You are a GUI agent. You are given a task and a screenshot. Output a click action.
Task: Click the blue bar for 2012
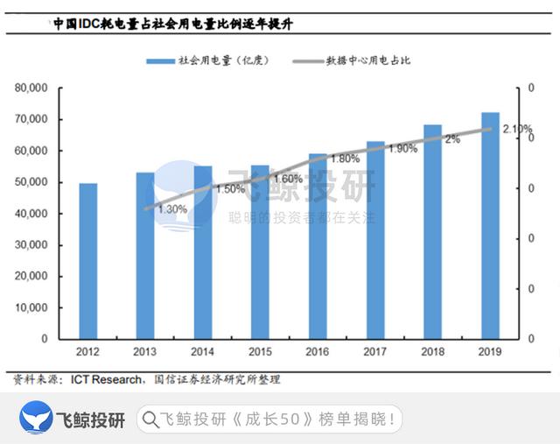[88, 261]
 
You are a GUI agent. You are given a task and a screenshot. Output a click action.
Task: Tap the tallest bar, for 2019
[491, 225]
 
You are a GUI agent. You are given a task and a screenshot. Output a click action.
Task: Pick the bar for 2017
[375, 240]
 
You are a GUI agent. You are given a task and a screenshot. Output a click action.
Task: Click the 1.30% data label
[172, 208]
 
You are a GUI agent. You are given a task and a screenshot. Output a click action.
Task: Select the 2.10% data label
[517, 129]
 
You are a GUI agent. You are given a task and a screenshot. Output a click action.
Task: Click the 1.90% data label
[402, 148]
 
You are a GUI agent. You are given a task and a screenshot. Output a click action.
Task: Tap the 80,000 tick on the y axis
[32, 88]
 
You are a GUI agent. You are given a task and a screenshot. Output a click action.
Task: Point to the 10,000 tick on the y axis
[32, 307]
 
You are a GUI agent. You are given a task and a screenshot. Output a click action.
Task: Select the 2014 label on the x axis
[202, 353]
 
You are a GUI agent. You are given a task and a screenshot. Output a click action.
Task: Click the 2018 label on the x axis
[433, 353]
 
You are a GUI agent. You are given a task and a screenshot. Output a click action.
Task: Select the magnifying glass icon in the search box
[150, 419]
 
